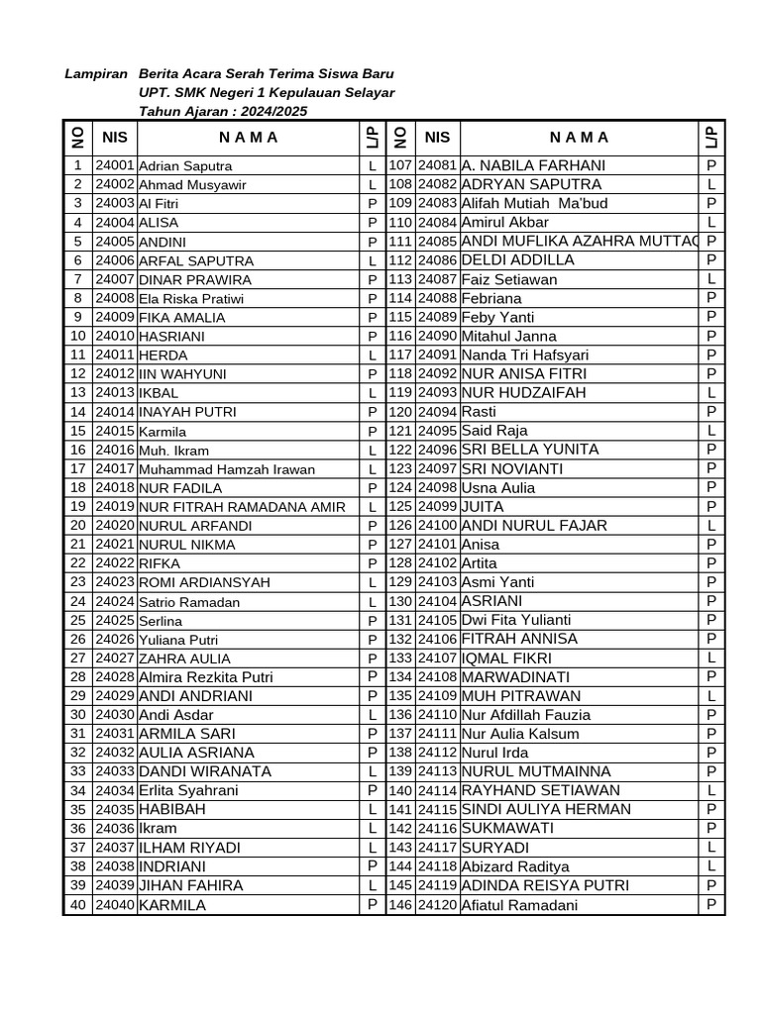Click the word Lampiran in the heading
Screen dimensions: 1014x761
(x=96, y=74)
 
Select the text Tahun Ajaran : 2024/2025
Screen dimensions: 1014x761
(x=223, y=111)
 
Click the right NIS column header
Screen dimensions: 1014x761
(x=437, y=138)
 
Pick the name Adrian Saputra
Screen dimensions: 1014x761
(x=185, y=166)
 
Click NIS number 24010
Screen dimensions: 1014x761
(x=115, y=337)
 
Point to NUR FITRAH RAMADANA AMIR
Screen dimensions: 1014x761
(x=242, y=507)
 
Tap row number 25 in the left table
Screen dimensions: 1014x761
(x=78, y=620)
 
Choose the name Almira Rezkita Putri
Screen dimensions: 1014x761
(x=205, y=677)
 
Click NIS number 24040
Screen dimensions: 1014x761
(x=115, y=905)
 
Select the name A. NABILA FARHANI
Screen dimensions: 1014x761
(x=533, y=165)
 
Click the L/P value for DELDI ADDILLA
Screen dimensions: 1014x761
(x=711, y=260)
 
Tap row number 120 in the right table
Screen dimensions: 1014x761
(x=399, y=412)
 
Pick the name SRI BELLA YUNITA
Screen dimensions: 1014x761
(x=530, y=450)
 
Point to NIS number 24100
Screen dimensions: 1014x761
(x=437, y=526)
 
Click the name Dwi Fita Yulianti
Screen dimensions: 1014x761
(x=516, y=620)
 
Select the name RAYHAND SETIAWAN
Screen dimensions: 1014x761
(x=541, y=791)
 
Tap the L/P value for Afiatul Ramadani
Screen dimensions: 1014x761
(x=711, y=905)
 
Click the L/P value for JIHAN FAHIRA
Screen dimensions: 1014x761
(x=373, y=885)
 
